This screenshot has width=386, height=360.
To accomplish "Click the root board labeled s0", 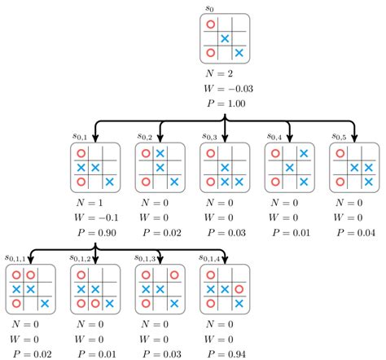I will point(224,38).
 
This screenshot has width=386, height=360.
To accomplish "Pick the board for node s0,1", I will point(94,167).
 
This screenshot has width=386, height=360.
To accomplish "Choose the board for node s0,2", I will point(160,167).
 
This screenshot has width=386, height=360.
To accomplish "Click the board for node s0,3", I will point(224,167).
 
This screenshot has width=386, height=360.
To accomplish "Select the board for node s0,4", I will point(289,167).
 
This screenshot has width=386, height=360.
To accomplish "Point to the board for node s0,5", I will point(354,167).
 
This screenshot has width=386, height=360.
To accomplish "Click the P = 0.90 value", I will point(97,232).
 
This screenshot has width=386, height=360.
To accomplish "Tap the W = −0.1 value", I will point(96,217).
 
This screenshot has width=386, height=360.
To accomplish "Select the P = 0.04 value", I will point(356,232).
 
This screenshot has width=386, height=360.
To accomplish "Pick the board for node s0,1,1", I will point(30,288).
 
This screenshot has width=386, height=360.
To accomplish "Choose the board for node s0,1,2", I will point(94,288).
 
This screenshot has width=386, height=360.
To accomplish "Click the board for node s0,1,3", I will point(160,288).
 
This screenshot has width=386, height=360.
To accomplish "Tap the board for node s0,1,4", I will point(224,288).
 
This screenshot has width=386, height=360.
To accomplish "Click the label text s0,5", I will point(340,136).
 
